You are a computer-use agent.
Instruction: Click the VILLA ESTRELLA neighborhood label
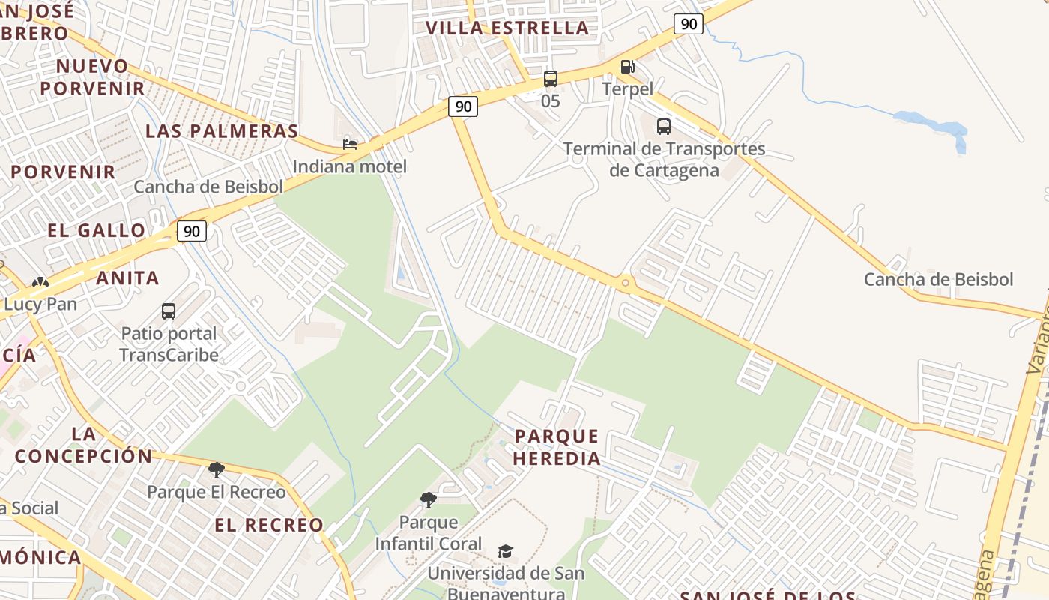tap(507, 28)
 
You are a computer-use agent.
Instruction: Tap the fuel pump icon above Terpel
tap(627, 67)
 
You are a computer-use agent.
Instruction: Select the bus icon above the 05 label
tap(551, 79)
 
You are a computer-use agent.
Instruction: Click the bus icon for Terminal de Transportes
tap(663, 126)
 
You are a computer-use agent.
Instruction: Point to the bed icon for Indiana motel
tap(350, 144)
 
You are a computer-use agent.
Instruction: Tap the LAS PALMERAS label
tap(222, 131)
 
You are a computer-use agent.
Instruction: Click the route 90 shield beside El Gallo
tap(192, 231)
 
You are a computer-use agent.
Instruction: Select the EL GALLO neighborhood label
tap(97, 230)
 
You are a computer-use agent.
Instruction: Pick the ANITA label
tap(127, 278)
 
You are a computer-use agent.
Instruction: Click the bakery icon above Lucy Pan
tap(40, 283)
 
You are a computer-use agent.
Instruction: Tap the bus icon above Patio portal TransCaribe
tap(169, 310)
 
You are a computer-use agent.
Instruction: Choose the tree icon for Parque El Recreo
tap(216, 470)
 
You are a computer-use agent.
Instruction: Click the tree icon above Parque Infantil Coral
tap(429, 499)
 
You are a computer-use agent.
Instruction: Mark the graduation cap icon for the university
tap(506, 552)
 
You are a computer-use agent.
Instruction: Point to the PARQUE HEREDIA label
tap(557, 447)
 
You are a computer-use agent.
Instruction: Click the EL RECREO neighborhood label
tap(269, 525)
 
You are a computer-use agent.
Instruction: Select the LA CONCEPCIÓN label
tap(83, 445)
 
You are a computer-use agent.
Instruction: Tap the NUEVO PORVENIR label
tap(92, 77)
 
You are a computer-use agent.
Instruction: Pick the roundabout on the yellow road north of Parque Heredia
tap(626, 283)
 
